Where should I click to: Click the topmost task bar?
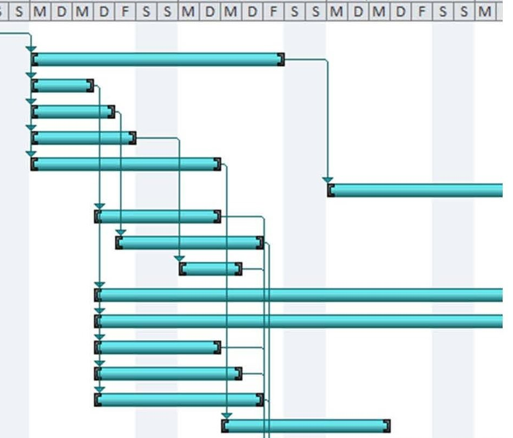tap(158, 59)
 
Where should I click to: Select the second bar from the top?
tap(63, 85)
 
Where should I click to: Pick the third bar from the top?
tap(73, 112)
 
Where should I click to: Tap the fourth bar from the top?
tap(83, 138)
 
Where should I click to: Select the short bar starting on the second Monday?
tap(210, 268)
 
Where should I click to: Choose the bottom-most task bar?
tap(306, 425)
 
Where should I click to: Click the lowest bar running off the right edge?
tap(299, 321)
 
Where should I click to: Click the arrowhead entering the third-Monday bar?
tap(327, 180)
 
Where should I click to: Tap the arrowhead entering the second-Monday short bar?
tap(180, 258)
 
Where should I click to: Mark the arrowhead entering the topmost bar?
tap(31, 50)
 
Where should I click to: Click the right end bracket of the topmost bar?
tap(281, 59)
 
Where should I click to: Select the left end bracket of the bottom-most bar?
tap(225, 425)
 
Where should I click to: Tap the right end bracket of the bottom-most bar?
tap(387, 425)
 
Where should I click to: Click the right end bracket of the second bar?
tap(90, 85)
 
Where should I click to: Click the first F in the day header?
tap(125, 11)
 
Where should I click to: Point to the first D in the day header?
tap(61, 11)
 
